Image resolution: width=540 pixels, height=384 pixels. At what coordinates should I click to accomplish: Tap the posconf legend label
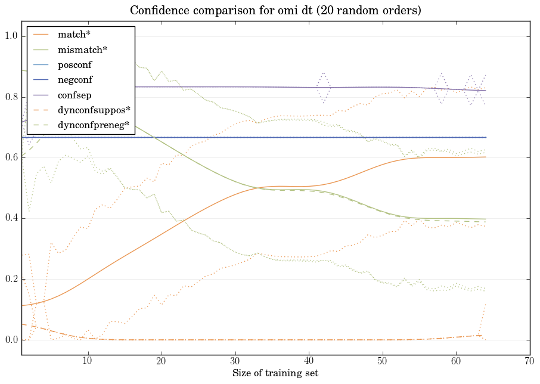[x=75, y=64]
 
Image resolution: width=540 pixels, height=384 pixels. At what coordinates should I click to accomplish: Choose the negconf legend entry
[x=75, y=79]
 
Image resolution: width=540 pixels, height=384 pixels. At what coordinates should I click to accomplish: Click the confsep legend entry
[x=74, y=94]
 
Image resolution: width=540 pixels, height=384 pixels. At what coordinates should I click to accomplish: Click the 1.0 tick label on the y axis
[x=11, y=36]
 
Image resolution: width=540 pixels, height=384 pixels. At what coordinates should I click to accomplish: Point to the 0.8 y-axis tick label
[x=11, y=97]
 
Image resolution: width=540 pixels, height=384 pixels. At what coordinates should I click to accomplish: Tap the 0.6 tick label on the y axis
[x=11, y=158]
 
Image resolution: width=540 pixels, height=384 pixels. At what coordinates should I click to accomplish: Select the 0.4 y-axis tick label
[x=11, y=219]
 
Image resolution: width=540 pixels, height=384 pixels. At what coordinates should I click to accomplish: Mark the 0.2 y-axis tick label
[x=11, y=280]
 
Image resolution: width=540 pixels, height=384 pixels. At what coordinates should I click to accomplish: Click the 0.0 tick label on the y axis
[x=11, y=340]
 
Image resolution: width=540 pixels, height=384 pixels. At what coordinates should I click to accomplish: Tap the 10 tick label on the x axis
[x=88, y=361]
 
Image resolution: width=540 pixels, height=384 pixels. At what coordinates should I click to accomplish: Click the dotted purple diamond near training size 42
[x=323, y=87]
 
